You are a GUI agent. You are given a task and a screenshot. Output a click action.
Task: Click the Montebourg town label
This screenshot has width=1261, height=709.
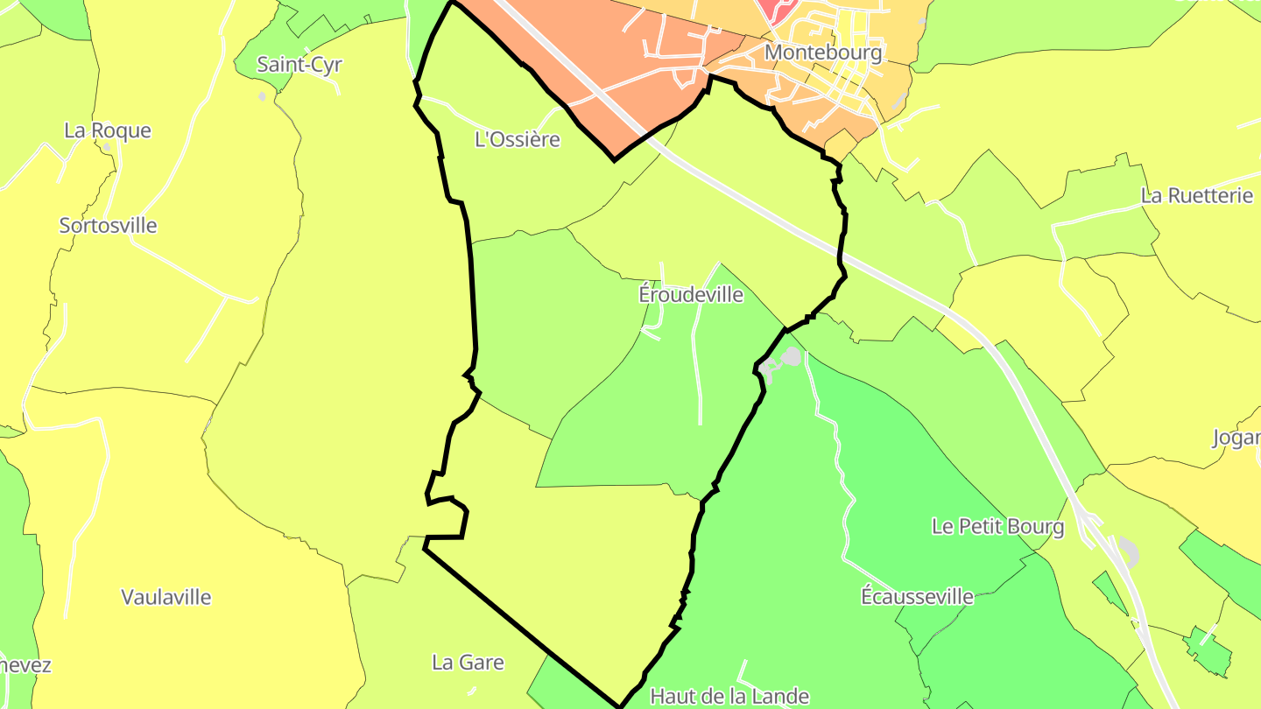coord(823,53)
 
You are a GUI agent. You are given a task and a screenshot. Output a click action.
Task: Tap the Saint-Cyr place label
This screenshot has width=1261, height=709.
coord(299,64)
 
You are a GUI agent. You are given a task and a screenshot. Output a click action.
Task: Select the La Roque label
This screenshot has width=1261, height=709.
coord(108,130)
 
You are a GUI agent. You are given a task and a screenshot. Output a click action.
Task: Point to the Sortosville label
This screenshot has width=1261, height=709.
coord(108,225)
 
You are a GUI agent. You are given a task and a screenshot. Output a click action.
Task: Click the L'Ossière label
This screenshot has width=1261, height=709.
coord(517,139)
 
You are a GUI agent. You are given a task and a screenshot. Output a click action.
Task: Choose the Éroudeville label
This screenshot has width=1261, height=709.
coord(691,295)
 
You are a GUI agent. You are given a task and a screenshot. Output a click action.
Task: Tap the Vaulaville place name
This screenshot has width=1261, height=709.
coord(166,597)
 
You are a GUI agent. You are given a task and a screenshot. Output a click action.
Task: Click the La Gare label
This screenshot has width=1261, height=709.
coord(468,663)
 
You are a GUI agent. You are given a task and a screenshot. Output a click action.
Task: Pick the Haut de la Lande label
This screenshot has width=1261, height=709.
coord(729,696)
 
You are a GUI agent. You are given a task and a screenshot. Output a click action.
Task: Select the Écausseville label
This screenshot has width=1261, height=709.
coord(917,596)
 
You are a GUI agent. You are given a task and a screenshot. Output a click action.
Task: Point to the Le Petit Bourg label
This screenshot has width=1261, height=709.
coord(997,526)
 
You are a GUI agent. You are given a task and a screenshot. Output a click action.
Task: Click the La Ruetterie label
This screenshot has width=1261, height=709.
coord(1197,195)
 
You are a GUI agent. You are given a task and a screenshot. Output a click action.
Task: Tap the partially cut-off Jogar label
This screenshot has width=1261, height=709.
coord(1236,438)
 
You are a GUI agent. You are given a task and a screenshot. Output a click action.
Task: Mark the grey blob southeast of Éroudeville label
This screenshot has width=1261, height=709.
coord(791,356)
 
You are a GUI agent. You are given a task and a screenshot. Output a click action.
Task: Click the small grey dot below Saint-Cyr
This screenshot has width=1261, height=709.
coord(262,96)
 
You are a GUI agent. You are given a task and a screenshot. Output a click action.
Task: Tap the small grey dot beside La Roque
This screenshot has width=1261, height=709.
coord(107,148)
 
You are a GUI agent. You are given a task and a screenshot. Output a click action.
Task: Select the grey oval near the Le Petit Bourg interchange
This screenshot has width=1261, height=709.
coord(1129,552)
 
